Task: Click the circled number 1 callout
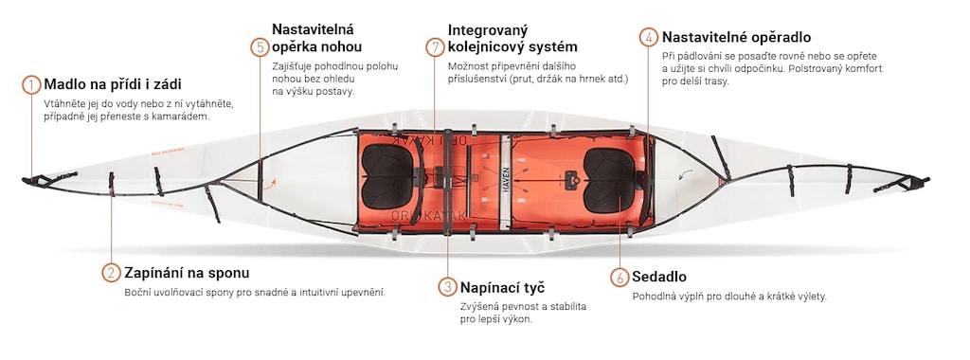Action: (x=31, y=84)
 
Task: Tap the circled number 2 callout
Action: (x=112, y=273)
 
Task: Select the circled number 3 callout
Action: (x=448, y=287)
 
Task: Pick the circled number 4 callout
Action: (x=649, y=38)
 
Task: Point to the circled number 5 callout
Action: (x=260, y=47)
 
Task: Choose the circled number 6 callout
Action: (x=620, y=278)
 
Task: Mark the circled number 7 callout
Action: (x=436, y=47)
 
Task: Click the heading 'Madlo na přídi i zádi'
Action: (x=113, y=84)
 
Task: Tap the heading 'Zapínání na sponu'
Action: (x=187, y=273)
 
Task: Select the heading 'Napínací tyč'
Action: (x=502, y=288)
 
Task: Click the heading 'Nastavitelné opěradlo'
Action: (x=736, y=38)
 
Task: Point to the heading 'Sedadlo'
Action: (x=659, y=277)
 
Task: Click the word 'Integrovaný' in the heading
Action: (x=488, y=30)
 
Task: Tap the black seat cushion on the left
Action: (x=387, y=176)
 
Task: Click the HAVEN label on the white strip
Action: (x=506, y=179)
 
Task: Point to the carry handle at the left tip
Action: (x=38, y=181)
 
